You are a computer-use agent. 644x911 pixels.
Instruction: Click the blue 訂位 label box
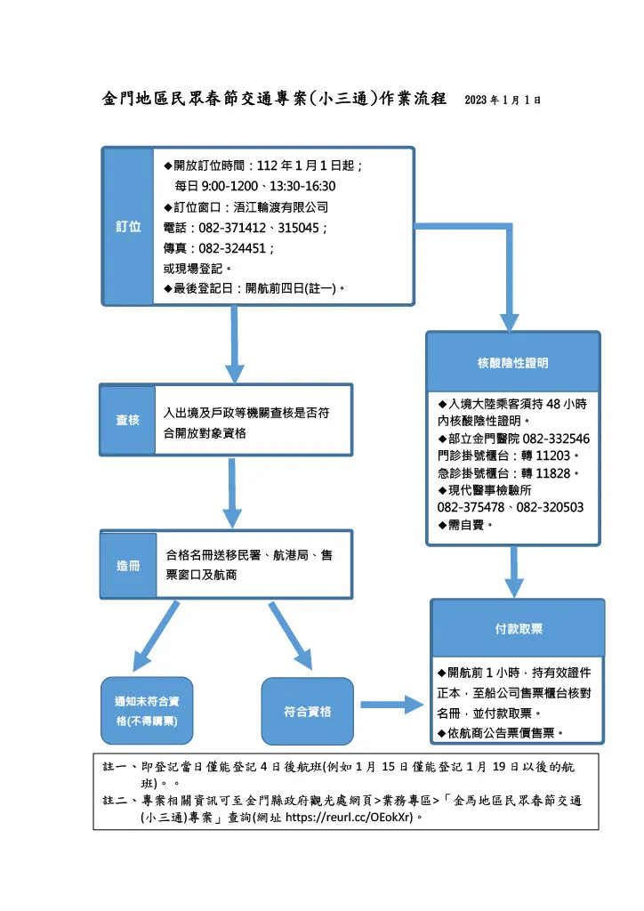coord(129,226)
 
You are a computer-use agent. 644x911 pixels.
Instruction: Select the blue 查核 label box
coord(128,419)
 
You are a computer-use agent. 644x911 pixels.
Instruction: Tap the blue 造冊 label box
coord(128,566)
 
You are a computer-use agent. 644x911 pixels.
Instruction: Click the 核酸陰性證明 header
coord(512,363)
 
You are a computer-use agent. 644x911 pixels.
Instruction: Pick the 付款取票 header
coord(519,628)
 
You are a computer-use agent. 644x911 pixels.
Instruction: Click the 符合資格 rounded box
coord(308,711)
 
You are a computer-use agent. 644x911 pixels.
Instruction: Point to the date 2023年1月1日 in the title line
coord(503,100)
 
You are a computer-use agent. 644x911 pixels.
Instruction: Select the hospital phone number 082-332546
coord(555,439)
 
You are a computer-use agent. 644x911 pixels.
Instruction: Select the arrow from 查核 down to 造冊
coord(232,493)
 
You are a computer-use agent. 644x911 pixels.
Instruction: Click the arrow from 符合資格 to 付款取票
coord(390,705)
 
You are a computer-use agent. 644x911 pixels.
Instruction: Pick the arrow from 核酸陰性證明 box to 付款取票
coord(513,571)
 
